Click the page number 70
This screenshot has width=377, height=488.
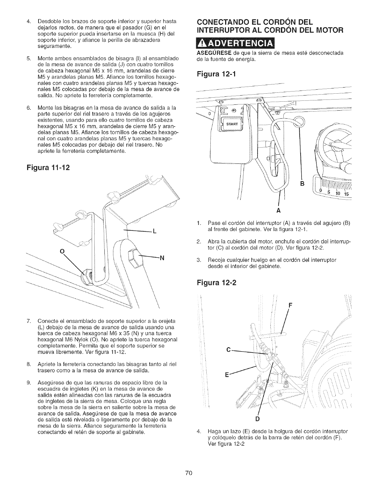(x=188, y=473)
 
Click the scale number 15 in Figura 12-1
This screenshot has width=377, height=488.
(x=346, y=194)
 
